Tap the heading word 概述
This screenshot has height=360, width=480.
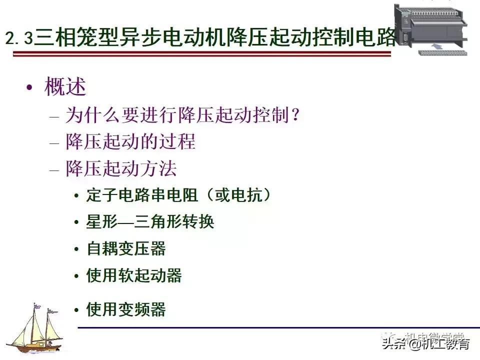[x=65, y=87]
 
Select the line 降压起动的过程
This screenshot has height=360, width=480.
[x=130, y=142]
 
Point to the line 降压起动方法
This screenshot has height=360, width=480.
[x=121, y=168]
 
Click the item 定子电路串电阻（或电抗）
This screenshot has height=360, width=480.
[x=179, y=195]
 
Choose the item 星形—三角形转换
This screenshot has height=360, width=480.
[x=150, y=221]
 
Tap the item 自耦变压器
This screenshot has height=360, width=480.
[x=126, y=248]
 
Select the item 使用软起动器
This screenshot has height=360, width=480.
[x=134, y=275]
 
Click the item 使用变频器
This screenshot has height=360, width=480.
[x=126, y=309]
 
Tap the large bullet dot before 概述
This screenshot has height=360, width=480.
[x=30, y=88]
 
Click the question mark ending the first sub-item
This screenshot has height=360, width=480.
[x=295, y=116]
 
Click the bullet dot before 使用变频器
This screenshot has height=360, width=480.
[x=76, y=310]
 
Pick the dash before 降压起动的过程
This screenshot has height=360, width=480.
[x=54, y=143]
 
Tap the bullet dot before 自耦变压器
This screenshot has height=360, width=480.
[x=76, y=249]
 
